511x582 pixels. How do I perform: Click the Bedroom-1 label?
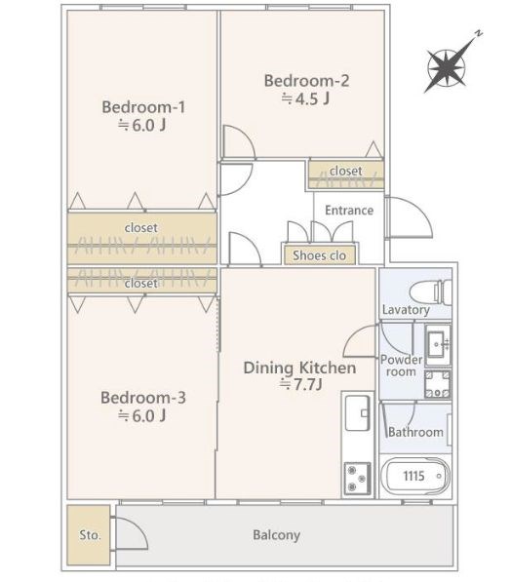[x=143, y=107]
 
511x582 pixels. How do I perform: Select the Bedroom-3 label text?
[x=143, y=398]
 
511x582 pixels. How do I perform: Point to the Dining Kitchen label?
[x=299, y=368]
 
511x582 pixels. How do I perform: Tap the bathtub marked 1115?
[x=415, y=476]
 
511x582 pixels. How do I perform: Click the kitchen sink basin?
[x=357, y=412]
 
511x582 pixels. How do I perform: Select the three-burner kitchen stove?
[x=357, y=478]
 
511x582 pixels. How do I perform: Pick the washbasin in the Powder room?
[x=438, y=345]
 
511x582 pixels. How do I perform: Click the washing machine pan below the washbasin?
[x=438, y=384]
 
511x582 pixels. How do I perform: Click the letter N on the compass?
[x=479, y=33]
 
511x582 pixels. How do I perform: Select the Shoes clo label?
[x=320, y=255]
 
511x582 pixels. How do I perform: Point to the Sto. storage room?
[x=89, y=535]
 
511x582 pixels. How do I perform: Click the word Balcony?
[x=277, y=535]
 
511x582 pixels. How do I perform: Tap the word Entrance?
[x=349, y=211]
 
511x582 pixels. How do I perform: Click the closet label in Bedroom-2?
[x=346, y=171]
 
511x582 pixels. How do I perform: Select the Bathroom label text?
[x=416, y=432]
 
